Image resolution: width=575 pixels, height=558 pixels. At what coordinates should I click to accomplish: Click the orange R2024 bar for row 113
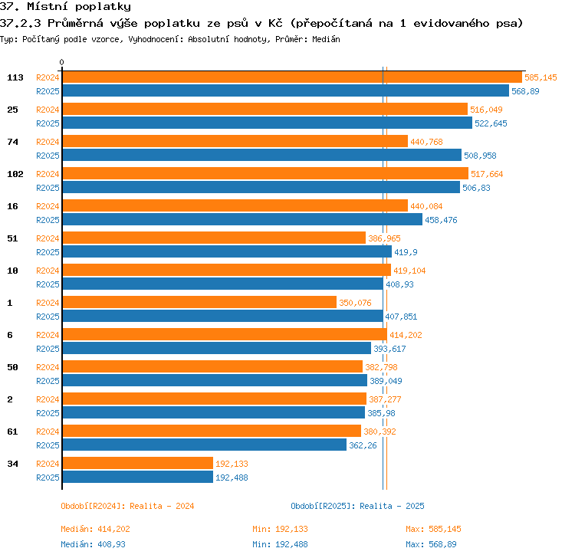coord(292,77)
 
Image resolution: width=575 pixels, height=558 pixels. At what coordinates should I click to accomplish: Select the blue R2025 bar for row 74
coord(262,155)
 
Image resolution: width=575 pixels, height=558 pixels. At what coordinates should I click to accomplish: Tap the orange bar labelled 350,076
coord(199,302)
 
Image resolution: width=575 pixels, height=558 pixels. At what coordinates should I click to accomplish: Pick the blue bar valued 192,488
coord(138,477)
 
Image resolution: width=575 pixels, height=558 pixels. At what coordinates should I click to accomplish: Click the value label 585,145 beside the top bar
coord(540,77)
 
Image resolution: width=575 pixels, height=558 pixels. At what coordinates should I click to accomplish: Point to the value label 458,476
coord(441,220)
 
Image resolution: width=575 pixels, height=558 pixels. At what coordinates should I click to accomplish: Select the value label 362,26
coord(363,445)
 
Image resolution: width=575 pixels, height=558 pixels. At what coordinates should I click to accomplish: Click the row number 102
coord(15,174)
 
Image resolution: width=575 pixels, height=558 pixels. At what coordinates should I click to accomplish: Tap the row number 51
coord(12,238)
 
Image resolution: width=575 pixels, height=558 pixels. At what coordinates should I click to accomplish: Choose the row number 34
coord(12,464)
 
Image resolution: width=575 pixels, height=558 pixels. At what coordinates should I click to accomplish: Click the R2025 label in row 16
coord(48,220)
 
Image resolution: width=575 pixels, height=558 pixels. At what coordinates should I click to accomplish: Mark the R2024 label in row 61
coord(48,432)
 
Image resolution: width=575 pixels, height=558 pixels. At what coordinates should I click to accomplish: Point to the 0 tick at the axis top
coord(61,62)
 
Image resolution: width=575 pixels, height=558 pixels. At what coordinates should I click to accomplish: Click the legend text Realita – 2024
coord(162,506)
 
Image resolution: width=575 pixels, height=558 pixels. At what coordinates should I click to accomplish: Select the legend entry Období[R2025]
coord(323,506)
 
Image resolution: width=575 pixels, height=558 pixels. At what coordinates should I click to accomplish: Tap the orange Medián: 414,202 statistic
coord(95,529)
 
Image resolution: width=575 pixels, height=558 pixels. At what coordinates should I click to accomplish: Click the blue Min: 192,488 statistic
coord(280,544)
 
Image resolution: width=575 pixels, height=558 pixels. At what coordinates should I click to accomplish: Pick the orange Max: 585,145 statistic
coord(433,529)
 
